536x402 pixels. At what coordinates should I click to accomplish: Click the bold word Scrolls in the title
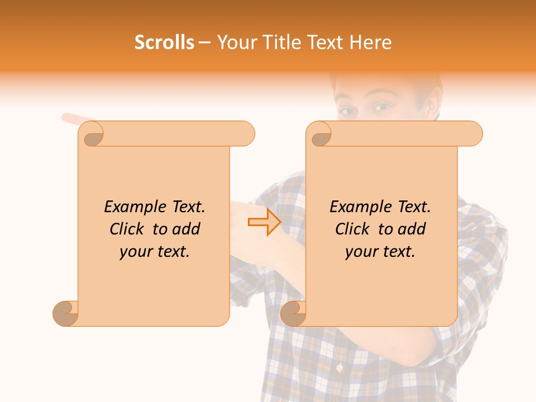pos(164,42)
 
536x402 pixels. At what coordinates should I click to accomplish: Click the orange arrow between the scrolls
pos(265,222)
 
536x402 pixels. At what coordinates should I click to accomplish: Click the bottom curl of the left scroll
pos(66,313)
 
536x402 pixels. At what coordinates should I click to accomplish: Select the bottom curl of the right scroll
pos(293,313)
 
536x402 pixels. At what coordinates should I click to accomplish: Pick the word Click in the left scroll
pos(128,229)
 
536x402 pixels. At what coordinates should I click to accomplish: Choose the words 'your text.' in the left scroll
pos(155,252)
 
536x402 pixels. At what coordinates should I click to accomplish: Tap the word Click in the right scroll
pos(353,229)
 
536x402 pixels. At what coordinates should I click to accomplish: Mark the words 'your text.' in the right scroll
pos(380,252)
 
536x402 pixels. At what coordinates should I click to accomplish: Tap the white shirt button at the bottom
pos(338,368)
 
